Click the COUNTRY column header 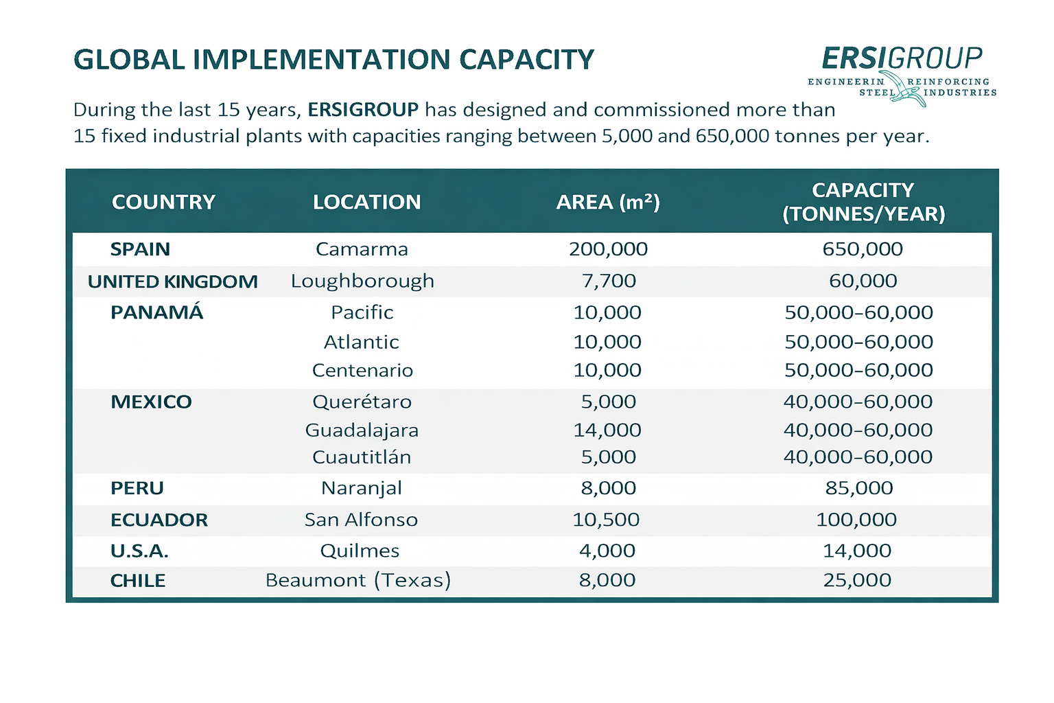tap(163, 202)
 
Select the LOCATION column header tap(366, 202)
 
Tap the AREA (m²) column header tap(607, 202)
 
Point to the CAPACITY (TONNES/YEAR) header tap(863, 202)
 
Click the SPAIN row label tap(140, 249)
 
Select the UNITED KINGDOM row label tap(173, 281)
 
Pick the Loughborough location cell tap(362, 281)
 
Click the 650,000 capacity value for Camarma tap(863, 249)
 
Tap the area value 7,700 tap(608, 281)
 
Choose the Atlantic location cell tap(362, 342)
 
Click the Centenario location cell tap(362, 371)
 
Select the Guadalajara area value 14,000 tap(607, 430)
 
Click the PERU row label tap(137, 488)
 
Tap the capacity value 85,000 tap(858, 488)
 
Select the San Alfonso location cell tap(361, 520)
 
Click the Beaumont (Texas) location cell tap(358, 581)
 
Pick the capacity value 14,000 tap(857, 551)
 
